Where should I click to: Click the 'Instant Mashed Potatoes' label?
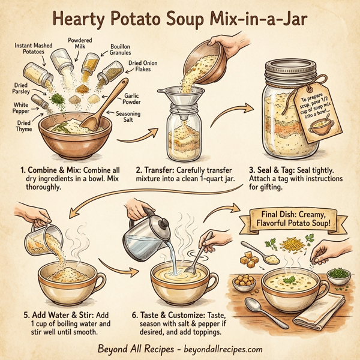(34, 49)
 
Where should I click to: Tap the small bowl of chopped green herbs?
(339, 276)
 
